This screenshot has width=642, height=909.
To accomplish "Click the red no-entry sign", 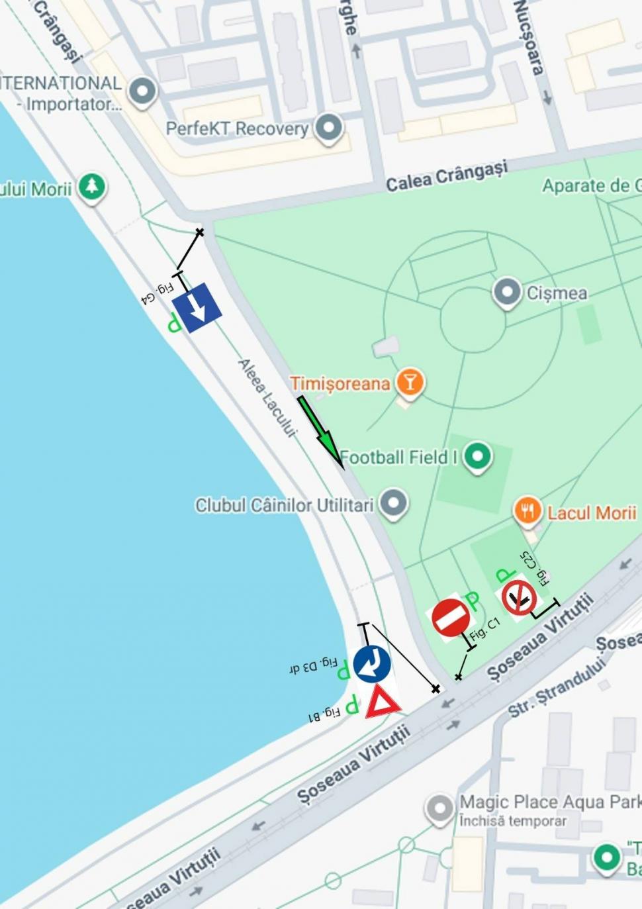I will [x=451, y=618].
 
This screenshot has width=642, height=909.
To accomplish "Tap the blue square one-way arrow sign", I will [x=197, y=307].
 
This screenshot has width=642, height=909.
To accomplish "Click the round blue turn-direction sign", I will [x=372, y=663].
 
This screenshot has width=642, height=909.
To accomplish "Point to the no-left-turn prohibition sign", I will [x=518, y=597].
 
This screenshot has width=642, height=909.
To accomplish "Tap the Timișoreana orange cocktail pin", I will [x=410, y=383].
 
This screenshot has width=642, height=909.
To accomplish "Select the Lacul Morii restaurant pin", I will [x=527, y=511].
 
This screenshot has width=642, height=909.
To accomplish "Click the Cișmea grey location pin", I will [x=507, y=292].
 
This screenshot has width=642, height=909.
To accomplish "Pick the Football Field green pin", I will [x=478, y=456].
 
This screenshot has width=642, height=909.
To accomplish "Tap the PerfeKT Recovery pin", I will [x=329, y=127].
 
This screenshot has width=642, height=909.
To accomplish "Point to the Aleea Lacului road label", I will [x=266, y=397].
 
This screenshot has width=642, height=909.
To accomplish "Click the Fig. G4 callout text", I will [x=158, y=292].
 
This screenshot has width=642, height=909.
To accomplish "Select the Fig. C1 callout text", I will [x=484, y=628].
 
